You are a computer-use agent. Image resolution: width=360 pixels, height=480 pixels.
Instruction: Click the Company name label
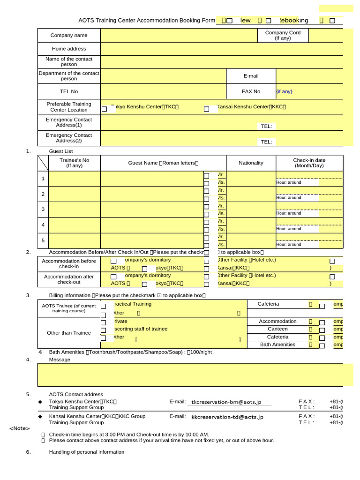pyautogui.click(x=69, y=35)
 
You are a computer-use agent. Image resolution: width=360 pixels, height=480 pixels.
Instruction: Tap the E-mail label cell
pyautogui.click(x=251, y=76)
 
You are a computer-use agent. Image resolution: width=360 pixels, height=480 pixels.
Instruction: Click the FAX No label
pyautogui.click(x=251, y=91)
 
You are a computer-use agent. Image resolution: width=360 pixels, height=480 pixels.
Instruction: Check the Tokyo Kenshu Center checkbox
pyautogui.click(x=104, y=109)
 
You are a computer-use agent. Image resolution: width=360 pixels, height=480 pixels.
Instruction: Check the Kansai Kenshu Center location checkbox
pyautogui.click(x=206, y=109)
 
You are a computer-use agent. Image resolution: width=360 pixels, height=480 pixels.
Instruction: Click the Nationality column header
pyautogui.click(x=251, y=163)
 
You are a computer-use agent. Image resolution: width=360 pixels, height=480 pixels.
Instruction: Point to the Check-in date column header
pyautogui.click(x=309, y=163)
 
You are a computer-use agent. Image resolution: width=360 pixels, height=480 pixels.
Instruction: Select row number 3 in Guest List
pyautogui.click(x=43, y=210)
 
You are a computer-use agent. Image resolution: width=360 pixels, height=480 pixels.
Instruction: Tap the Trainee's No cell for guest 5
pyautogui.click(x=74, y=240)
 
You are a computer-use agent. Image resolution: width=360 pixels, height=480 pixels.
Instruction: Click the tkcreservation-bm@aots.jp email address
pyautogui.click(x=226, y=402)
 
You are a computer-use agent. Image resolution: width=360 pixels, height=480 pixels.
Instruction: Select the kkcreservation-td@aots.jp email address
pyautogui.click(x=227, y=417)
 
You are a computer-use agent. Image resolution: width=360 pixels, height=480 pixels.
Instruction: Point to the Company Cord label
pyautogui.click(x=283, y=35)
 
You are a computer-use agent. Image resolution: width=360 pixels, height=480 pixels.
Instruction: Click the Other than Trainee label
pyautogui.click(x=69, y=333)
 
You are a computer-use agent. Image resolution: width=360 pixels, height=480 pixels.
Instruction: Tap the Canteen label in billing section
pyautogui.click(x=277, y=329)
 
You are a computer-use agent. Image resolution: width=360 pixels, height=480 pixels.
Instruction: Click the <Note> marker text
pyautogui.click(x=20, y=428)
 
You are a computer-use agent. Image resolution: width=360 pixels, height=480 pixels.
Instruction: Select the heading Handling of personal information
pyautogui.click(x=87, y=452)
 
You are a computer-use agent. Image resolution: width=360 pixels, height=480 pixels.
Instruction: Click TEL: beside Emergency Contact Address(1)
pyautogui.click(x=266, y=126)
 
